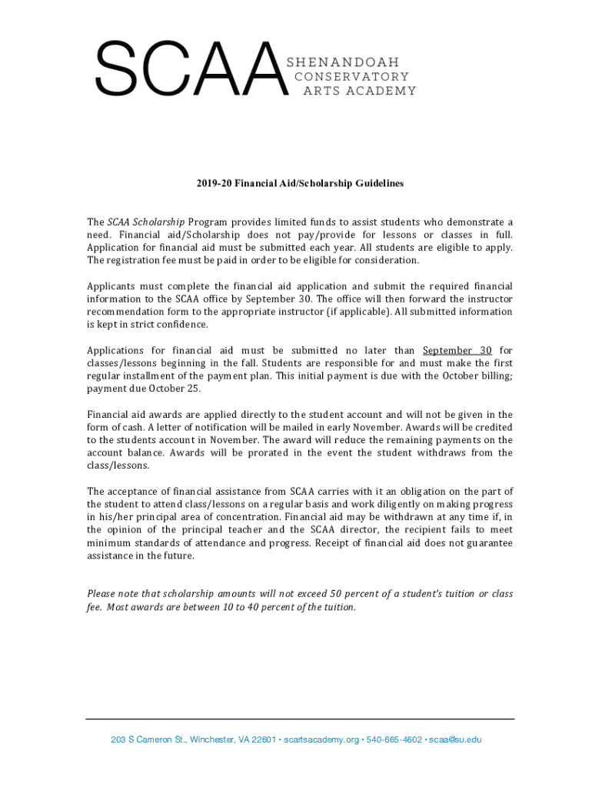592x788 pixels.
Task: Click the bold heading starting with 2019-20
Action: pyautogui.click(x=299, y=184)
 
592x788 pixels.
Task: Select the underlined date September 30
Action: pyautogui.click(x=457, y=350)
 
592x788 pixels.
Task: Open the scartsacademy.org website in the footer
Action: pyautogui.click(x=321, y=740)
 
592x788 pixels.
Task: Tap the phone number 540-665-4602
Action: pyautogui.click(x=395, y=740)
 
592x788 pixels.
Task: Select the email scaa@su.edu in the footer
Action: pyautogui.click(x=455, y=740)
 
